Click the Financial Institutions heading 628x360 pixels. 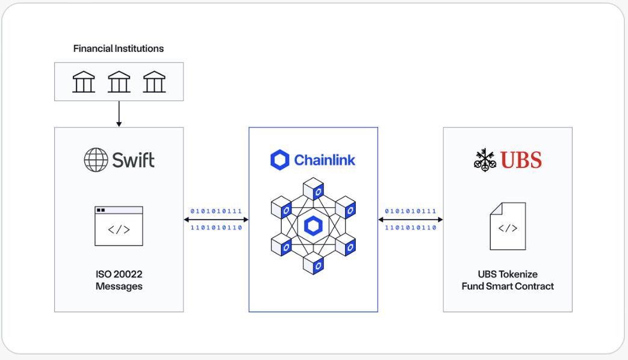coord(118,49)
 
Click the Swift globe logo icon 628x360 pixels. coord(95,160)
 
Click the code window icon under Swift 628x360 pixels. coord(119,226)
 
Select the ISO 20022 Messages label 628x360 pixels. coord(119,281)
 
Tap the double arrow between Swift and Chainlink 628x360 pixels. coord(216,220)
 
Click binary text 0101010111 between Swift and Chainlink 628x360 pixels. coord(216,211)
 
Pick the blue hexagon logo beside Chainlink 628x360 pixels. coord(279,160)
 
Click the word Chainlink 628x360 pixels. coord(325,160)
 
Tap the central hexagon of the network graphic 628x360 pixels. coord(313,226)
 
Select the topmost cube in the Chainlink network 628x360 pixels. coord(313,188)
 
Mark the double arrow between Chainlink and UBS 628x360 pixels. coord(411,220)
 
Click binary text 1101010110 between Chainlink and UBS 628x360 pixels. coord(411,228)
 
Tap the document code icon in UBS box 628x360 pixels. coord(508,226)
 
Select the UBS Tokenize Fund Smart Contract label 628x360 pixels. coord(508,281)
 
